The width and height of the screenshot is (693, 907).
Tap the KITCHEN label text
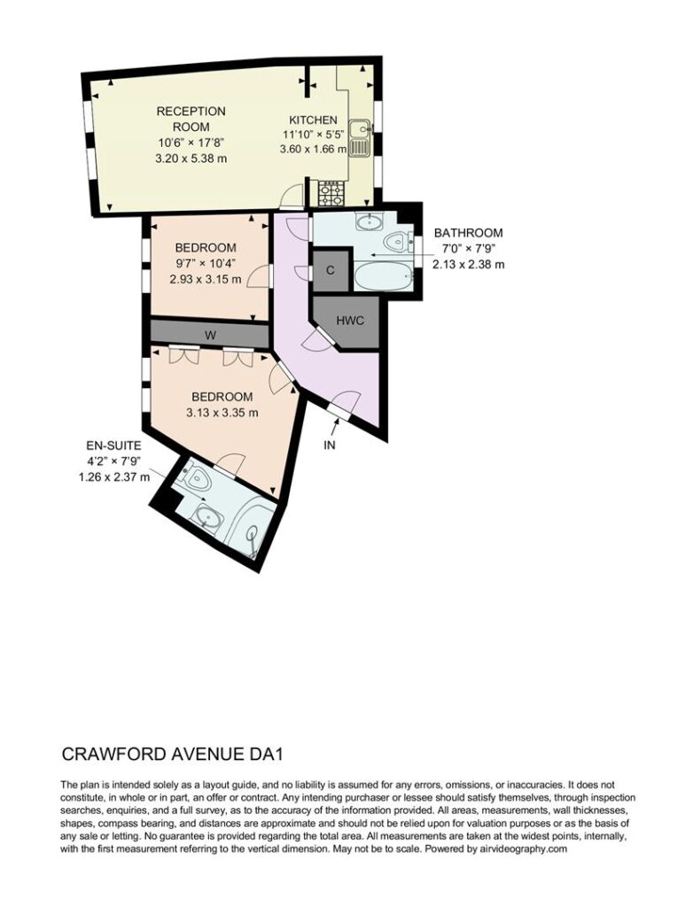(313, 120)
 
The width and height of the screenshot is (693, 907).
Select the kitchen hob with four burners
(331, 193)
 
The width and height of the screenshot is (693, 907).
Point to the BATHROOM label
(469, 233)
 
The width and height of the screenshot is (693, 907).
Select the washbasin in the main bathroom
(368, 221)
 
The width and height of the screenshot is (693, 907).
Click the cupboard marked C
(331, 270)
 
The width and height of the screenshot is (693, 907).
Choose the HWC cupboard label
(350, 320)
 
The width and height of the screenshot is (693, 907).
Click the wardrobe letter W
(211, 334)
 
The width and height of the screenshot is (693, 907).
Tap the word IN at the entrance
(330, 445)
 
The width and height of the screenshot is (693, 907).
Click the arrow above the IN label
(336, 428)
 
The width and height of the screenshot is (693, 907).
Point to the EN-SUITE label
(113, 446)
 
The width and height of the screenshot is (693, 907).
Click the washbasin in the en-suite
(207, 515)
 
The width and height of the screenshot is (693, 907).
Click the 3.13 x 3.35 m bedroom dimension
(222, 413)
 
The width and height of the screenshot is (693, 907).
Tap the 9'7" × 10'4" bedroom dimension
(206, 263)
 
